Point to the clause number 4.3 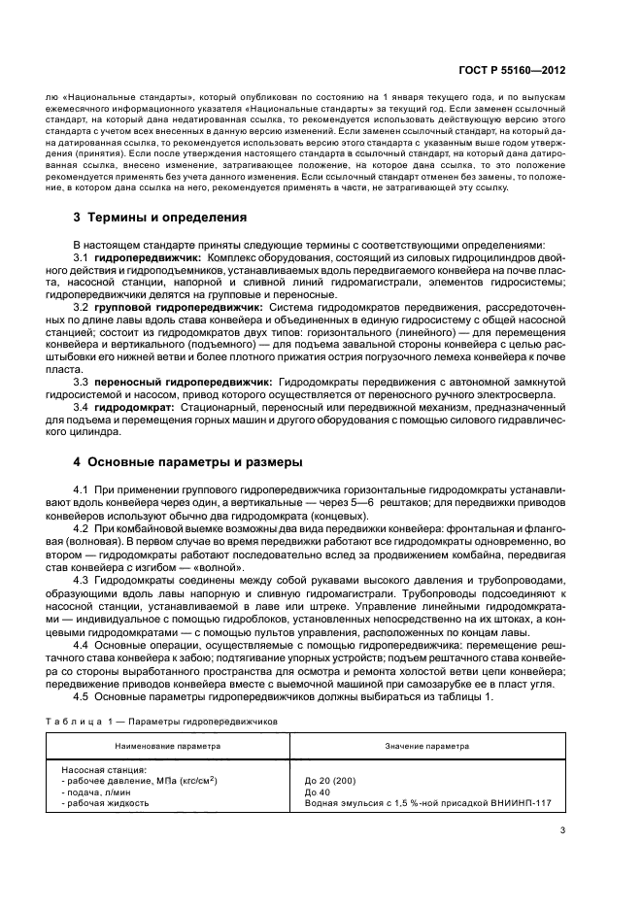pyautogui.click(x=82, y=580)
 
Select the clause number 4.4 pyautogui.click(x=82, y=646)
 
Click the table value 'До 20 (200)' pyautogui.click(x=331, y=780)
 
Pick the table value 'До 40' pyautogui.click(x=318, y=791)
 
